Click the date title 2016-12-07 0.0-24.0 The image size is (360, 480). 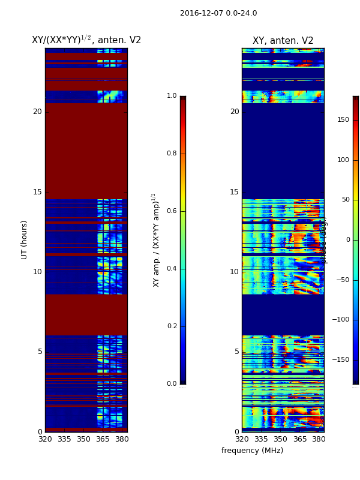[218, 13]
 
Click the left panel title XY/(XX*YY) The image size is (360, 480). [86, 40]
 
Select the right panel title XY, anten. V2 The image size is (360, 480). [283, 41]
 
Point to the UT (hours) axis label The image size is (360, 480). [25, 239]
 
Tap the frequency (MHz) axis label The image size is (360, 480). [252, 451]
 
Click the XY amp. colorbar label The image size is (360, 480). [157, 240]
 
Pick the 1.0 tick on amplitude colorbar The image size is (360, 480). [172, 96]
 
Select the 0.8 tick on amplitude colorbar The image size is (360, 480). [172, 154]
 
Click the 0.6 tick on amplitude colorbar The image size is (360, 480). [172, 211]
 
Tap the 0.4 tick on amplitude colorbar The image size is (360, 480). [172, 269]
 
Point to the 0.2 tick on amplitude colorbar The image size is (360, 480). [172, 326]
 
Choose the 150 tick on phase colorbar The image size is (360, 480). [343, 120]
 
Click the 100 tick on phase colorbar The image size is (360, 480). [343, 160]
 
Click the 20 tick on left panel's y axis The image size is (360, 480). [37, 112]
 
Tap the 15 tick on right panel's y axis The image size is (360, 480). [234, 192]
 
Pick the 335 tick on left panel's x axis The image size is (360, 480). [64, 439]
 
